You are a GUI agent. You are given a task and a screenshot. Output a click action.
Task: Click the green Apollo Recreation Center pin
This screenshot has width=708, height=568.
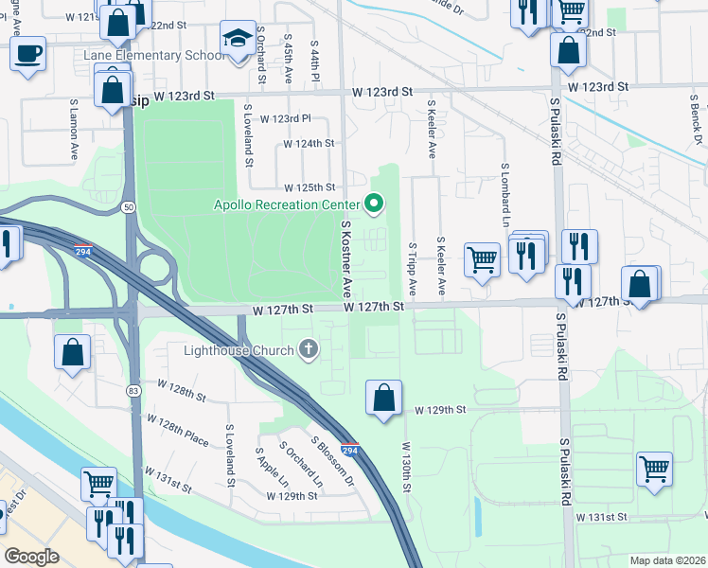(x=374, y=204)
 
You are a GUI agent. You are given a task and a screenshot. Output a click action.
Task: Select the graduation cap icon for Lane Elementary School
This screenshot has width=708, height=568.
(x=236, y=39)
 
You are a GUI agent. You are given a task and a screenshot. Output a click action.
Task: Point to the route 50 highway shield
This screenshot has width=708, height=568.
(x=129, y=206)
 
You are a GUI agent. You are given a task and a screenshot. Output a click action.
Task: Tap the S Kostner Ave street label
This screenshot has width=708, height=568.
(x=347, y=258)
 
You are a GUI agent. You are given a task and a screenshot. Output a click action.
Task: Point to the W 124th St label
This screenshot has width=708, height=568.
(x=310, y=144)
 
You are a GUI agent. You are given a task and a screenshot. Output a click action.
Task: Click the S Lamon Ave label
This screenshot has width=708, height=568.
(x=72, y=130)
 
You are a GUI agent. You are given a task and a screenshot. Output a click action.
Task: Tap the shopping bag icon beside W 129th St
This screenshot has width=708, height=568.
(x=384, y=399)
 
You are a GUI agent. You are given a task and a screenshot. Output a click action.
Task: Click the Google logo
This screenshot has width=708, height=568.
(x=32, y=557)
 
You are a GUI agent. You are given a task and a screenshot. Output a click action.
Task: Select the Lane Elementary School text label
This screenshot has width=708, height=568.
(x=154, y=55)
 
